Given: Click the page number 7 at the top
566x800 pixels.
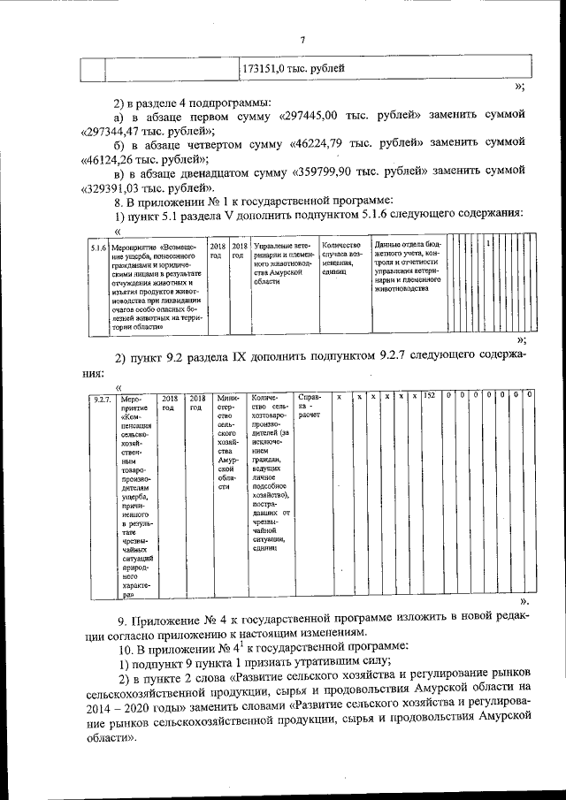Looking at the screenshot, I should [x=302, y=39].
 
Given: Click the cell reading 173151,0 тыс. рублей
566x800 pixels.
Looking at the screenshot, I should [x=293, y=68].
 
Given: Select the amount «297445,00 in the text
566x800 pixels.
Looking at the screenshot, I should [x=317, y=115].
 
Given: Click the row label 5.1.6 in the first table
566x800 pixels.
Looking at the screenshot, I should [x=99, y=248].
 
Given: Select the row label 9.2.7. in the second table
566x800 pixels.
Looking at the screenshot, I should [x=102, y=400].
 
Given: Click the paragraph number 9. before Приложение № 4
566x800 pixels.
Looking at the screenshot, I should [x=121, y=617].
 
